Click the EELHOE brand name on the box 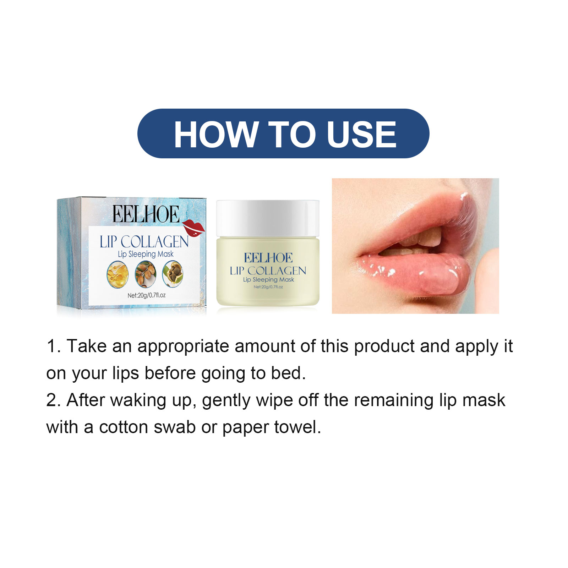click(146, 214)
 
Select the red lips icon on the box click(193, 228)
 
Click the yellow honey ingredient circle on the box click(118, 274)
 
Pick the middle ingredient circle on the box click(146, 274)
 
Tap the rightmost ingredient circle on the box click(173, 274)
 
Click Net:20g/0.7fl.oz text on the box click(147, 295)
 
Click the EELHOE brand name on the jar click(268, 258)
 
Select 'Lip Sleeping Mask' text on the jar click(268, 280)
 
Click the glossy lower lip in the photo click(419, 273)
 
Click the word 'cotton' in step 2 click(124, 427)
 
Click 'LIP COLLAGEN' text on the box click(144, 242)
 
